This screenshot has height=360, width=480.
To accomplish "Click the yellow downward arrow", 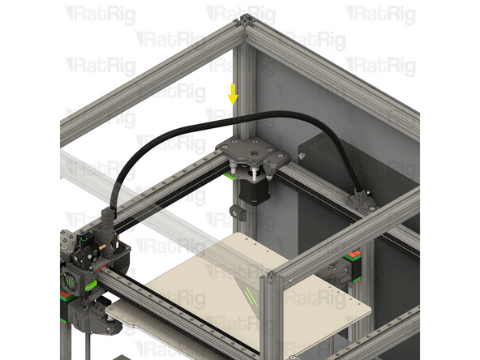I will point(233,95).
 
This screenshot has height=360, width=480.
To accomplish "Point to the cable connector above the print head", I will point(107,219).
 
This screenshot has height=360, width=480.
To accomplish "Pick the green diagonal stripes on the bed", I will point(247,293).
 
